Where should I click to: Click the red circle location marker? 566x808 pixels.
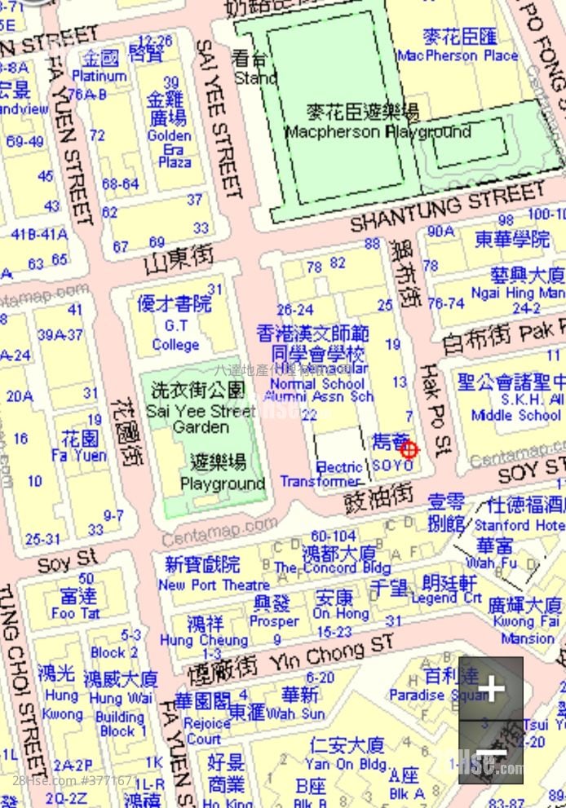click(409, 448)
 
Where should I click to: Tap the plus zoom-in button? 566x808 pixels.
click(490, 690)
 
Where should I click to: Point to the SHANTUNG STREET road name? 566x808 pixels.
click(448, 207)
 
